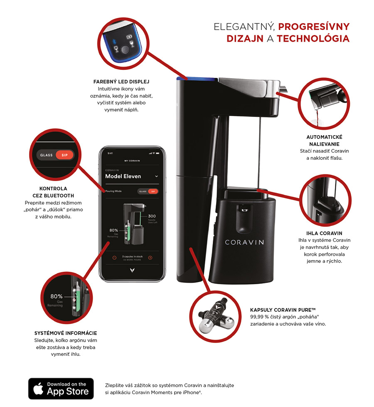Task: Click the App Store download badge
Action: [x=61, y=388]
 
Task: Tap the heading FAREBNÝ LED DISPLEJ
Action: [x=121, y=82]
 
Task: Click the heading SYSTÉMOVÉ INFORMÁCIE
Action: [x=66, y=333]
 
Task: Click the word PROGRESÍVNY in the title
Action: [x=314, y=27]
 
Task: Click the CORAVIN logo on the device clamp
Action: [x=244, y=242]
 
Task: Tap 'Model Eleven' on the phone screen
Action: [x=123, y=176]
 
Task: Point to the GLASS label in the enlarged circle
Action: [x=47, y=155]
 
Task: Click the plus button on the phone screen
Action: [x=150, y=258]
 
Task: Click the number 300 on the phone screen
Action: [x=152, y=216]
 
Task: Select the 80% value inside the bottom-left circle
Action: [x=56, y=296]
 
